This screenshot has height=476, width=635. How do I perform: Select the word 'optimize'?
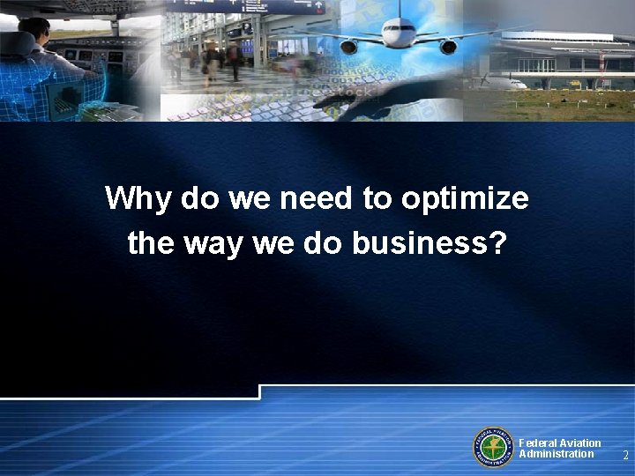pyautogui.click(x=465, y=199)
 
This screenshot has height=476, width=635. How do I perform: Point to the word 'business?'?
pyautogui.click(x=430, y=242)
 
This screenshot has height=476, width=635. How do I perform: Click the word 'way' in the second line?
pyautogui.click(x=213, y=243)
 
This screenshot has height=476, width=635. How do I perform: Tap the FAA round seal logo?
pyautogui.click(x=493, y=447)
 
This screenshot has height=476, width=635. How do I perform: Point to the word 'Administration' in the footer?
pyautogui.click(x=557, y=454)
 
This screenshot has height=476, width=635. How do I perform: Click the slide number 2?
pyautogui.click(x=625, y=456)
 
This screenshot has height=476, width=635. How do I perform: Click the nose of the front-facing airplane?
pyautogui.click(x=399, y=36)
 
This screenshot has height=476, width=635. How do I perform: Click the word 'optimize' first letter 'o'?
pyautogui.click(x=410, y=199)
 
